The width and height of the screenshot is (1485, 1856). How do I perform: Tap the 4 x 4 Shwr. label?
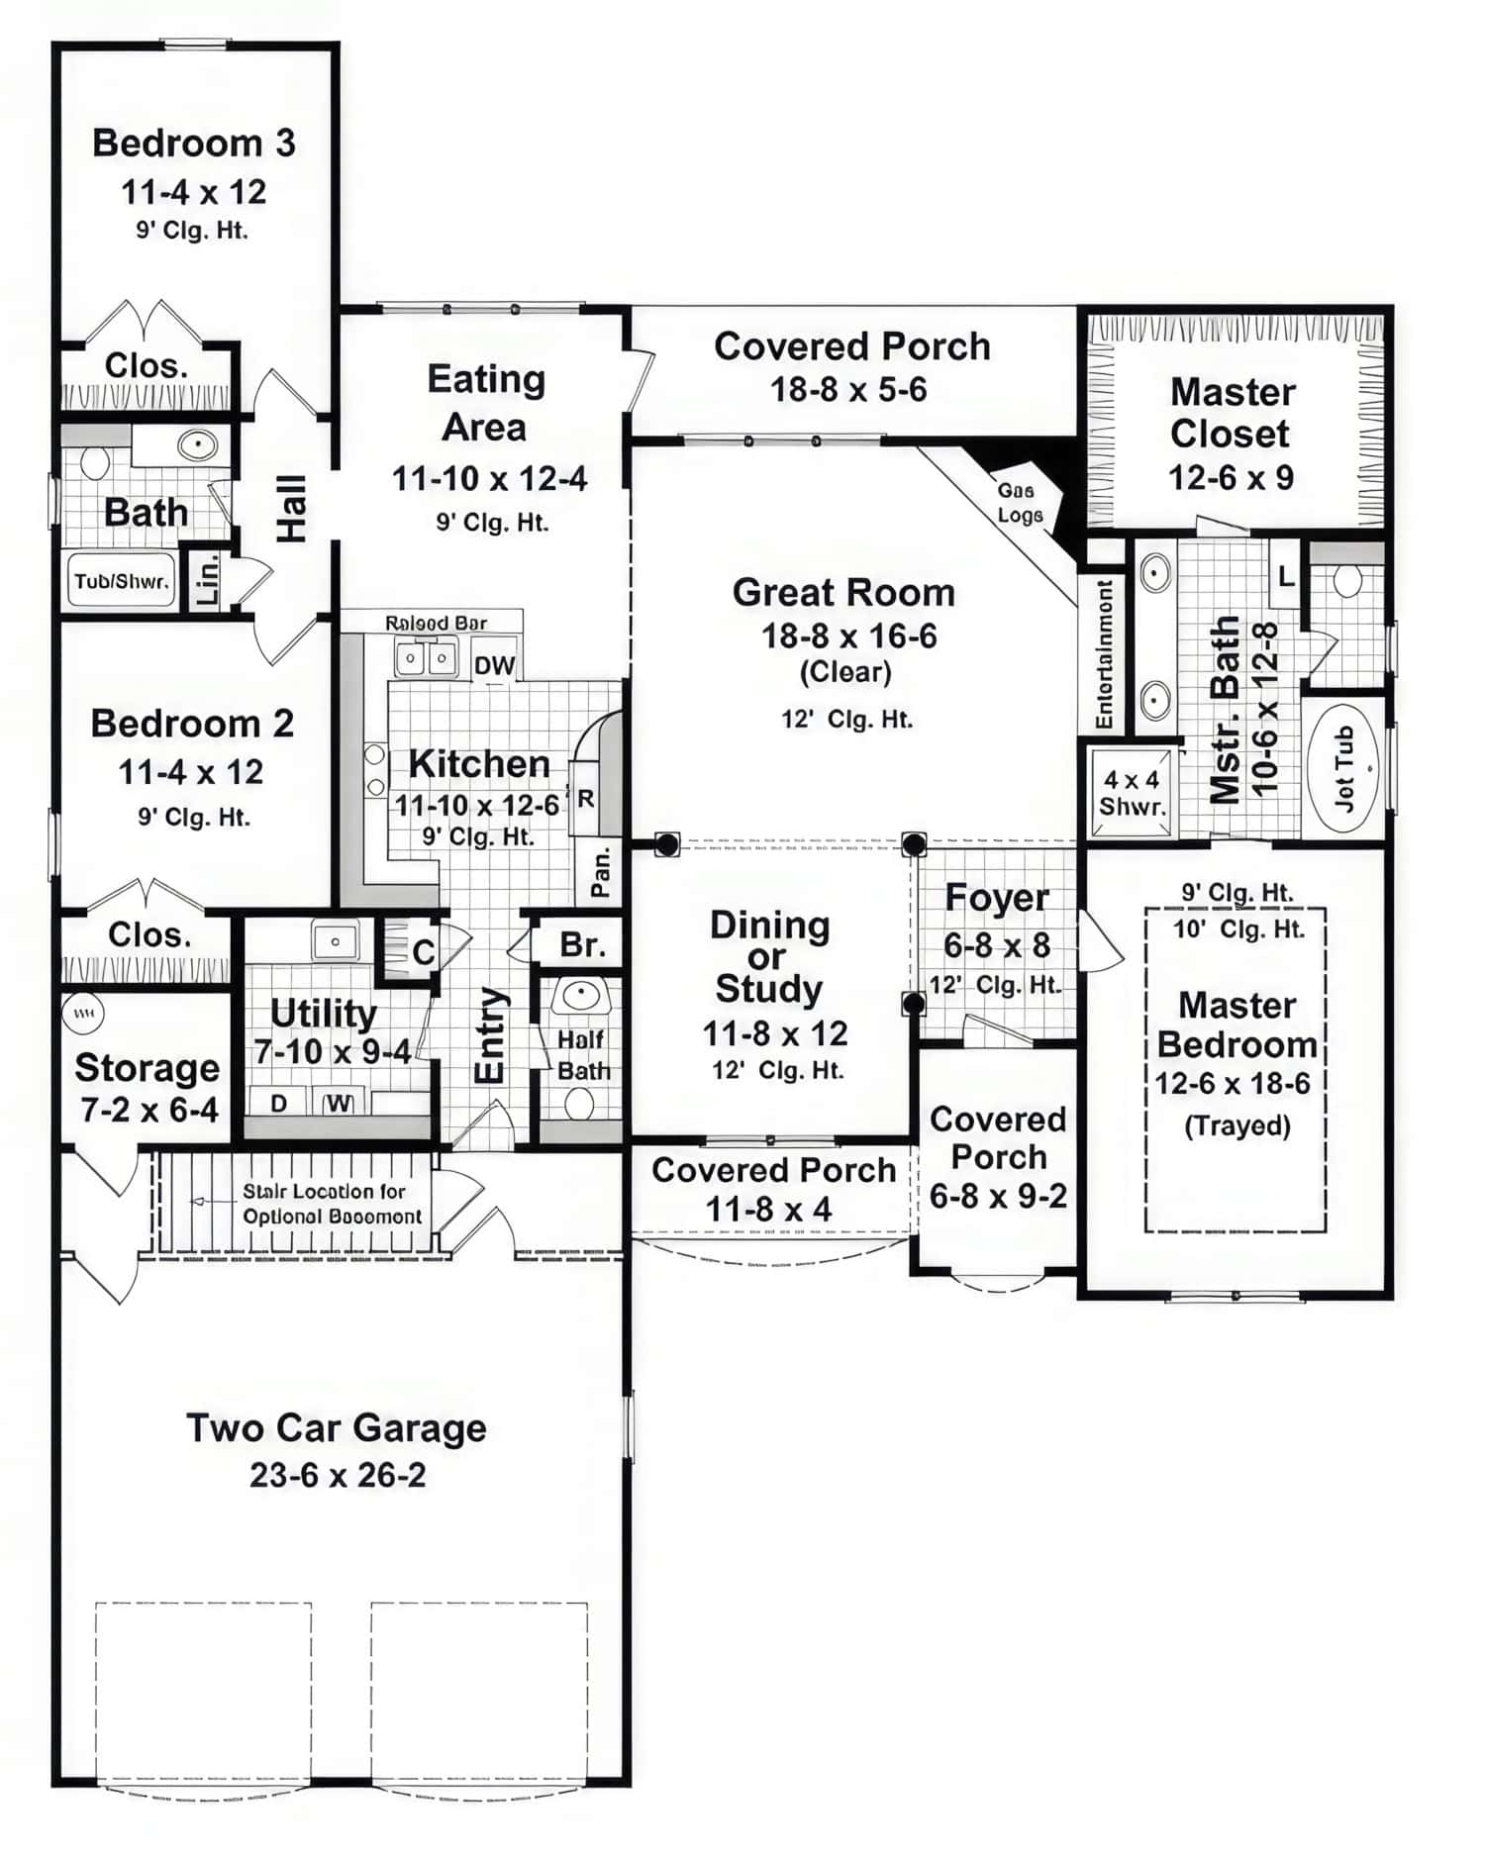pos(1132,793)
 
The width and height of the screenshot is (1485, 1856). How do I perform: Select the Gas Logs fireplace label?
pos(1019,503)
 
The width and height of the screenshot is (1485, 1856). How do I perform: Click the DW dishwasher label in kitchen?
pos(494,665)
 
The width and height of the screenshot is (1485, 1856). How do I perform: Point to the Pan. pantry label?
pos(601,872)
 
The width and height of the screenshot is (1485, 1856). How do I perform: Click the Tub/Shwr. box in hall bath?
pos(122,581)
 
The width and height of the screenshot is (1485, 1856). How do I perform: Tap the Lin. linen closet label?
pos(209,581)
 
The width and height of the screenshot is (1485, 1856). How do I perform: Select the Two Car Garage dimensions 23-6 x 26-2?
pos(338,1476)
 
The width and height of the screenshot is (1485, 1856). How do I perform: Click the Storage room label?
pos(148,1068)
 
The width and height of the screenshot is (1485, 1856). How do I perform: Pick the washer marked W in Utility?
pos(339,1103)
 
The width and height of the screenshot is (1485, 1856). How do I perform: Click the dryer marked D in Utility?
pos(279,1103)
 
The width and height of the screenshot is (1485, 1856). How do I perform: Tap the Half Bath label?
pos(582,1055)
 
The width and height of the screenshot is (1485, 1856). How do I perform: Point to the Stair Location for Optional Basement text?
pos(332,1204)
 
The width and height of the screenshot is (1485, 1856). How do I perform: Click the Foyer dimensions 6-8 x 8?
pos(996,945)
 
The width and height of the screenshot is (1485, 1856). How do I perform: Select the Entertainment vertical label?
pos(1105,654)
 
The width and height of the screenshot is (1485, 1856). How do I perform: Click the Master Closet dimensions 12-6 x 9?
pos(1231,478)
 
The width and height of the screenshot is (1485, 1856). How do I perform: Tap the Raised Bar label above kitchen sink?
pos(436,623)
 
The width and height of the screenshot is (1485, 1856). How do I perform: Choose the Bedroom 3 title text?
pos(194,144)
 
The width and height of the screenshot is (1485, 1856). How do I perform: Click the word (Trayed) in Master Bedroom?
pos(1237,1125)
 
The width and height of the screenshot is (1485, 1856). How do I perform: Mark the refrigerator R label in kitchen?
pos(586,798)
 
